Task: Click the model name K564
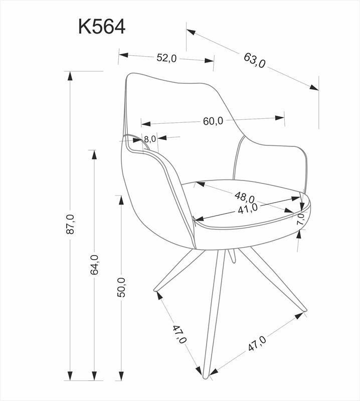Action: point(101,27)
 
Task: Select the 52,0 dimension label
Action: point(166,58)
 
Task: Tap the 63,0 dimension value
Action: point(255,60)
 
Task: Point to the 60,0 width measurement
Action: point(213,121)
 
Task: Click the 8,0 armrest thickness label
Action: point(150,139)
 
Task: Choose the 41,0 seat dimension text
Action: point(248,208)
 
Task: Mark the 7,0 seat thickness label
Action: point(300,219)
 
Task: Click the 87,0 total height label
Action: point(70,224)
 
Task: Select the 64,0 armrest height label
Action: point(94,264)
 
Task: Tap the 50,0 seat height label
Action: point(121,287)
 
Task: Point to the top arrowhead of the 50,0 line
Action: point(121,200)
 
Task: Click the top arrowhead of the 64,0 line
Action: point(93,154)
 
